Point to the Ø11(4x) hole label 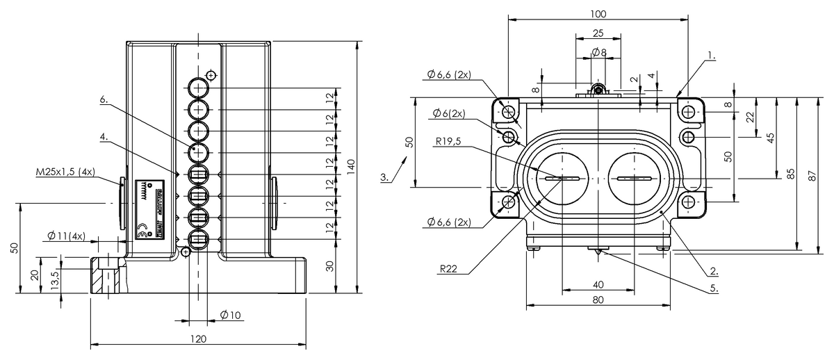[67, 236]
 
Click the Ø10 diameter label [230, 315]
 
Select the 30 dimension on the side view [329, 266]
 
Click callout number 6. [104, 100]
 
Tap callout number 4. [104, 137]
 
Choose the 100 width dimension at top [598, 14]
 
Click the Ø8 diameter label [598, 53]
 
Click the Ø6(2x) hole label [448, 113]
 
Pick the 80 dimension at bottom [598, 300]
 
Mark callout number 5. [714, 288]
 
